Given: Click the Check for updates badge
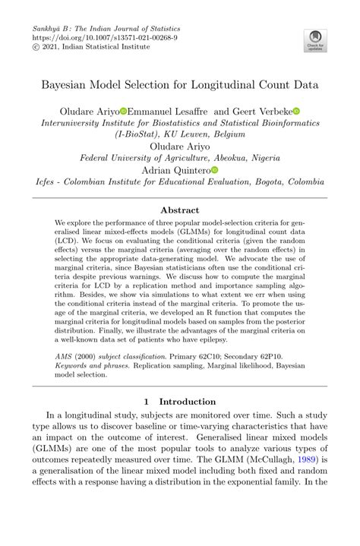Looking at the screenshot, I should point(314,40).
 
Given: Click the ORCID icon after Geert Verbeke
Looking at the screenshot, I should point(297,111).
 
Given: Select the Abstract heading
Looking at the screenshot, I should point(180,210).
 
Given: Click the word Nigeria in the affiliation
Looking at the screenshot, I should point(257,158).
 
